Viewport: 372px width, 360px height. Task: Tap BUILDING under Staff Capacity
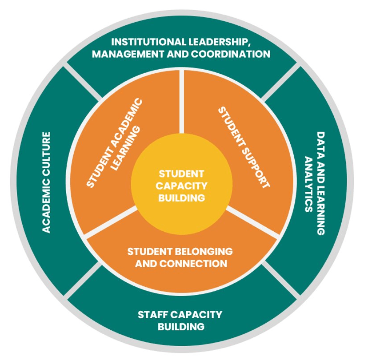[181, 327]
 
